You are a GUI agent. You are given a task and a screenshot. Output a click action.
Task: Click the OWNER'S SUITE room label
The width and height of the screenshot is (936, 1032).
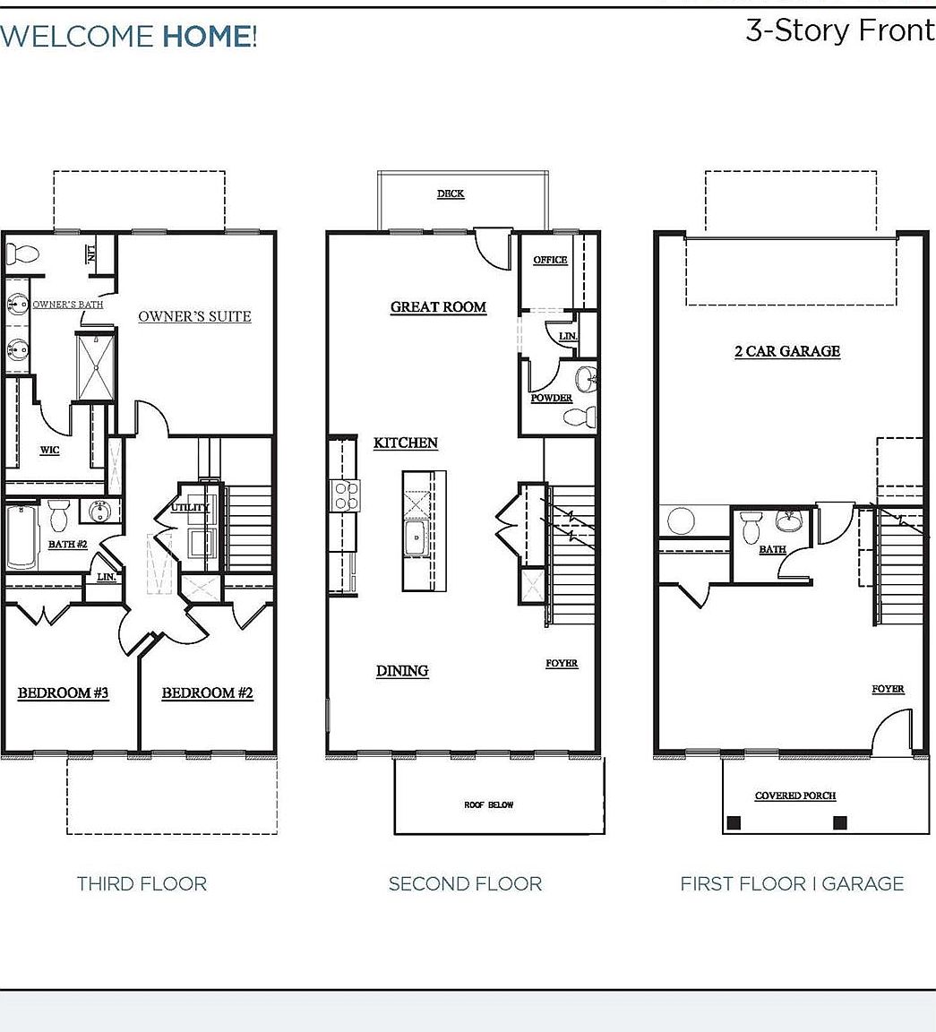(194, 316)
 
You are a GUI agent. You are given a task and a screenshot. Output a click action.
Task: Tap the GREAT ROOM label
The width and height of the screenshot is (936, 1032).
(438, 307)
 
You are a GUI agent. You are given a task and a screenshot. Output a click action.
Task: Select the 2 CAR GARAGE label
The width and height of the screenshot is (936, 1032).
(787, 351)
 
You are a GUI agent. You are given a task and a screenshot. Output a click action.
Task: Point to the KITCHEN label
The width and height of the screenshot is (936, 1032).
(406, 443)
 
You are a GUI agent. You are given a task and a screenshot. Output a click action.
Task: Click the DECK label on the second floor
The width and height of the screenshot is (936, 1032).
(451, 193)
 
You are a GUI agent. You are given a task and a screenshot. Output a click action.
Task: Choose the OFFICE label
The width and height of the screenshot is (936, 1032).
(550, 260)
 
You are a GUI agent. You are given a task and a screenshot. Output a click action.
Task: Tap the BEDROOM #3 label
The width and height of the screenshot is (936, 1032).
(64, 692)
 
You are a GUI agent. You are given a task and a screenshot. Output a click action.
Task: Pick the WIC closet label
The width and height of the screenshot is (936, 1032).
(49, 450)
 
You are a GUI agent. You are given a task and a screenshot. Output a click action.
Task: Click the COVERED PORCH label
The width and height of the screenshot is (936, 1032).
(795, 795)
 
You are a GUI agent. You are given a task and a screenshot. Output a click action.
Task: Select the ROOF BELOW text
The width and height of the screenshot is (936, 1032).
(489, 804)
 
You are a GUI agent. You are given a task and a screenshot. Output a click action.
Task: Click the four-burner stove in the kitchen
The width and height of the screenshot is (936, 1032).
(347, 495)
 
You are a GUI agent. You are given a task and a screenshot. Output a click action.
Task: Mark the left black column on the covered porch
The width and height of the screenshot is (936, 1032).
(734, 822)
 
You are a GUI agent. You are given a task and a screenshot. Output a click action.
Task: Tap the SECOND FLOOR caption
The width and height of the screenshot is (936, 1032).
(465, 884)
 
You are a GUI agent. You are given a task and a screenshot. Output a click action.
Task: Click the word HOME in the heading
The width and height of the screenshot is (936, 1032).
(206, 37)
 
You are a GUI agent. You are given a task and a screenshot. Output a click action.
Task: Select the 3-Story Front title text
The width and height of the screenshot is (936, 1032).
(839, 30)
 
